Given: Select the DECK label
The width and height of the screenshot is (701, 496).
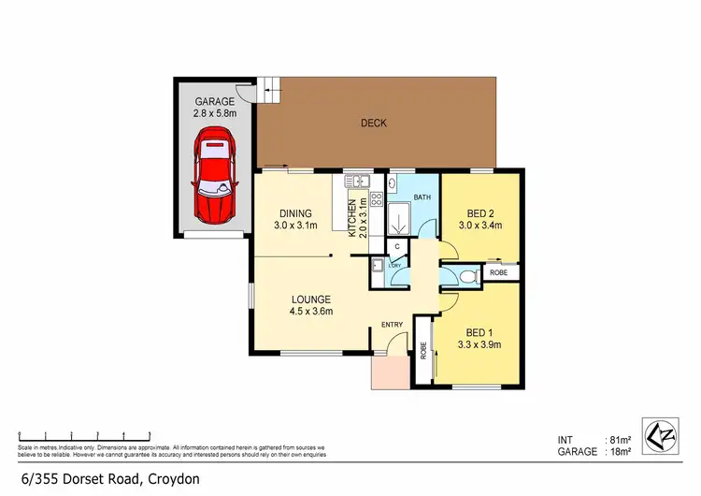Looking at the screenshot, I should click(374, 123).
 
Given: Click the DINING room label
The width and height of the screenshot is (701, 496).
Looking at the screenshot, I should click(296, 213).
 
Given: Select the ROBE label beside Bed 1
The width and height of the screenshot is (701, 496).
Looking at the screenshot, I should click(423, 350).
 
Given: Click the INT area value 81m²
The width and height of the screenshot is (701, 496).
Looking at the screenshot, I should click(619, 440).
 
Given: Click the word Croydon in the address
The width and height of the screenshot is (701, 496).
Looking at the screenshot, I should click(172, 479).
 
